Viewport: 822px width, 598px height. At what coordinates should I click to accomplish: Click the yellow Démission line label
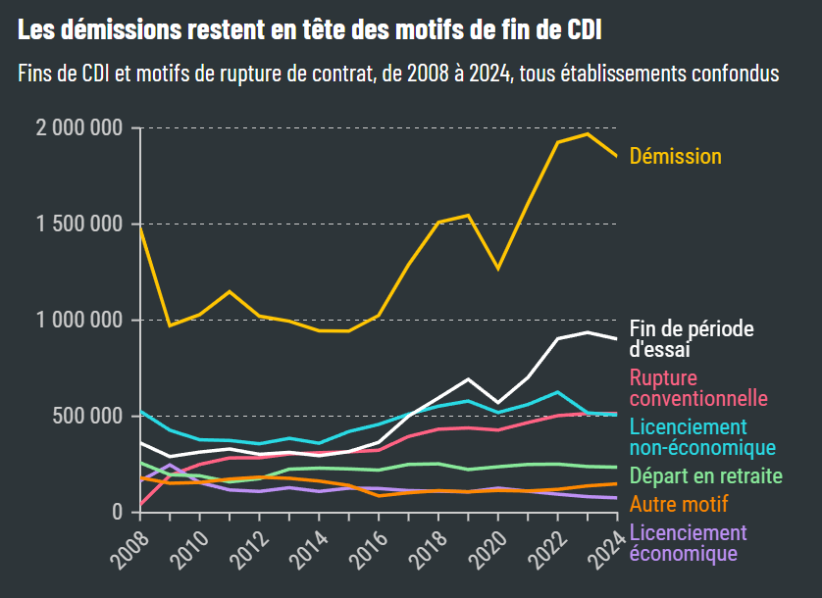pyautogui.click(x=675, y=157)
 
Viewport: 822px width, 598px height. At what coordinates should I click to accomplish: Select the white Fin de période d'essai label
pyautogui.click(x=691, y=338)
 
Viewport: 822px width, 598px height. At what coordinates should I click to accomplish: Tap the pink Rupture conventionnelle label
pyautogui.click(x=697, y=388)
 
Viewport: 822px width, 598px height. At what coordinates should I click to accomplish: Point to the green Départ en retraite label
pyautogui.click(x=705, y=476)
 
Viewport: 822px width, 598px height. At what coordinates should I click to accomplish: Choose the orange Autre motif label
pyautogui.click(x=678, y=505)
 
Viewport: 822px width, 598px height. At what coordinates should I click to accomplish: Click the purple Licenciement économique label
pyautogui.click(x=688, y=543)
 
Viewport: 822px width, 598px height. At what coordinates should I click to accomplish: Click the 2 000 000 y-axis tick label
pyautogui.click(x=78, y=128)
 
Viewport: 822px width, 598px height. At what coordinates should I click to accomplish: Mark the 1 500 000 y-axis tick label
pyautogui.click(x=78, y=224)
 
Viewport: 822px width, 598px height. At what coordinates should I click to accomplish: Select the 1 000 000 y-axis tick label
pyautogui.click(x=78, y=321)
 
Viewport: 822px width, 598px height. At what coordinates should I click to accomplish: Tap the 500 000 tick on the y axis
pyautogui.click(x=87, y=417)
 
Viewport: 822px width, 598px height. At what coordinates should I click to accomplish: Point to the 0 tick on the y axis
pyautogui.click(x=117, y=513)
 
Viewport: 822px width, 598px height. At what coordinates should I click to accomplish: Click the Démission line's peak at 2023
pyautogui.click(x=588, y=133)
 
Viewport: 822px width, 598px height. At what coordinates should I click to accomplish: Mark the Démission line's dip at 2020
pyautogui.click(x=497, y=268)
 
